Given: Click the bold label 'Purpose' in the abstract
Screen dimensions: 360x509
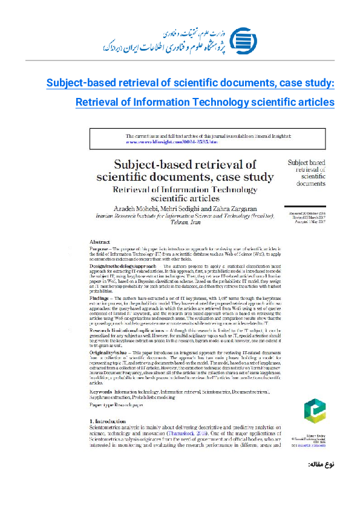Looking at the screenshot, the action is [100, 248].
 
